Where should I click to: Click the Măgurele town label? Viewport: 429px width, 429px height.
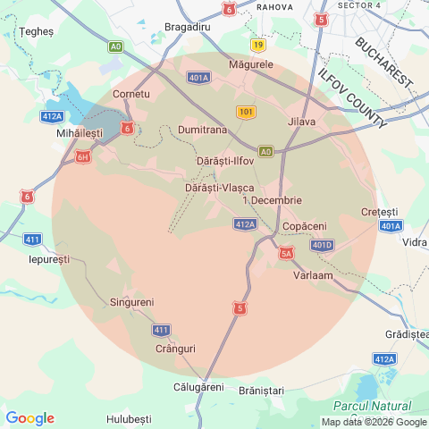(251, 65)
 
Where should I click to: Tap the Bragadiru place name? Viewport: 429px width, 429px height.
(187, 28)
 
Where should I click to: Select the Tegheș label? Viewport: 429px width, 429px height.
(37, 30)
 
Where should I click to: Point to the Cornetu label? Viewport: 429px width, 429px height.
(131, 94)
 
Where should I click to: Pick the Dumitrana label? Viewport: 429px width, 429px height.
(201, 130)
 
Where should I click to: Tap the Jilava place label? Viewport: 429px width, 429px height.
(302, 122)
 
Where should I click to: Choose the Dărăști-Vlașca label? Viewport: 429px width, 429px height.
(219, 187)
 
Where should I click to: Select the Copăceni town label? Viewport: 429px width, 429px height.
(304, 227)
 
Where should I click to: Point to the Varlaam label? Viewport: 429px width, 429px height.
(313, 275)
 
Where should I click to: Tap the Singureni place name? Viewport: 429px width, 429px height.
(131, 302)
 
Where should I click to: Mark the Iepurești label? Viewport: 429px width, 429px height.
(49, 258)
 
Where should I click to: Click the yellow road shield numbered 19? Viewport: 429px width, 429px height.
(258, 44)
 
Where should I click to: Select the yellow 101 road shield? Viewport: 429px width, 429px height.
(247, 112)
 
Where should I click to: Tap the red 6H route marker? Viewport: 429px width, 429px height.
(83, 157)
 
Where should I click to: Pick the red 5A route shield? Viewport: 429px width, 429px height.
(286, 254)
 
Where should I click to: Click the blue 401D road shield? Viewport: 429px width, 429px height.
(322, 245)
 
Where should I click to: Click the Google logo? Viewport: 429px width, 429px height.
(29, 418)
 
